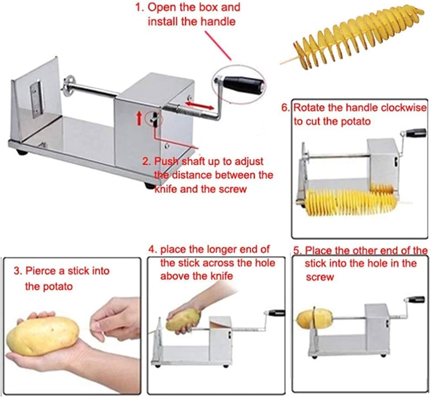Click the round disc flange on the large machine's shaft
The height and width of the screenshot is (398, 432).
point(67,85)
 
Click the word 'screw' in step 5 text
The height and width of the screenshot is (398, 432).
point(320,277)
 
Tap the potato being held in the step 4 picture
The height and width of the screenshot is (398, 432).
point(183,319)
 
